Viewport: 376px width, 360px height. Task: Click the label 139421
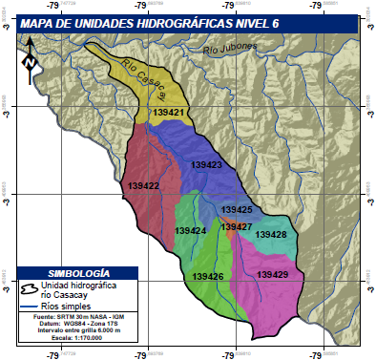click(x=168, y=112)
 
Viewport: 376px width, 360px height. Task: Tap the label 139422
click(x=141, y=186)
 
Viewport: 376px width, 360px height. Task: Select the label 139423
click(x=206, y=165)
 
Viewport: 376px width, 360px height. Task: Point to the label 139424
click(x=191, y=231)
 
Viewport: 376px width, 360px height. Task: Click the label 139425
click(x=237, y=209)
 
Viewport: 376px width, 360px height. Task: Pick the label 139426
click(x=207, y=276)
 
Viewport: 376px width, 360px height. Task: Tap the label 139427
click(x=236, y=226)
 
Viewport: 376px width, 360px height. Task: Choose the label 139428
click(x=271, y=234)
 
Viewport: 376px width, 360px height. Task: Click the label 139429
click(x=272, y=275)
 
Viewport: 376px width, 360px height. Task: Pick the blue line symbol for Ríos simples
click(x=30, y=307)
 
